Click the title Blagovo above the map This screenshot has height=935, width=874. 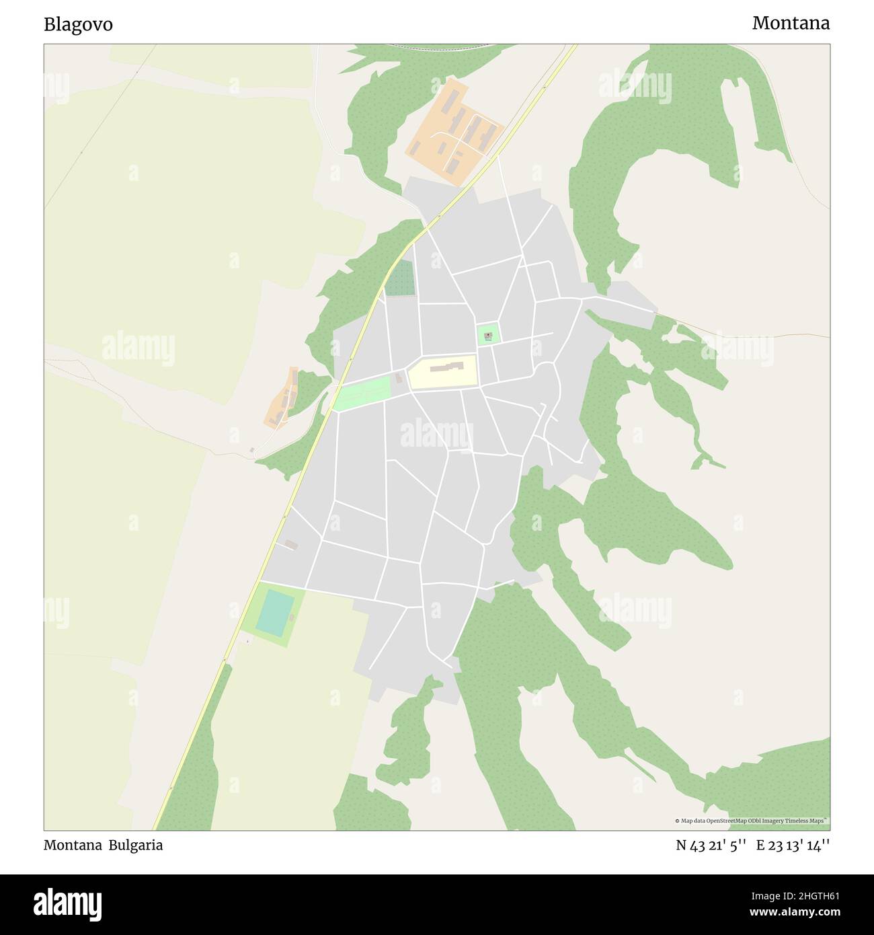pos(78,25)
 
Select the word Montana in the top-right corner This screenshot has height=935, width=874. pos(791,23)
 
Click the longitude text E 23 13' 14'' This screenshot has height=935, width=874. pos(793,846)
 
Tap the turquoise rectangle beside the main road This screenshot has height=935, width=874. pos(273,611)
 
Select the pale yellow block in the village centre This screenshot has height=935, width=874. pos(443,372)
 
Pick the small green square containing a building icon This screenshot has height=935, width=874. pos(488,334)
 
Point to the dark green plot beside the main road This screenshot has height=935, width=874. pos(399,278)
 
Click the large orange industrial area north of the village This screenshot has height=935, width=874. pos(454,131)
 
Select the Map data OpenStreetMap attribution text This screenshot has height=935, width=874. pos(752,821)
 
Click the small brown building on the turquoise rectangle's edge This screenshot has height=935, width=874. pos(291,617)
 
